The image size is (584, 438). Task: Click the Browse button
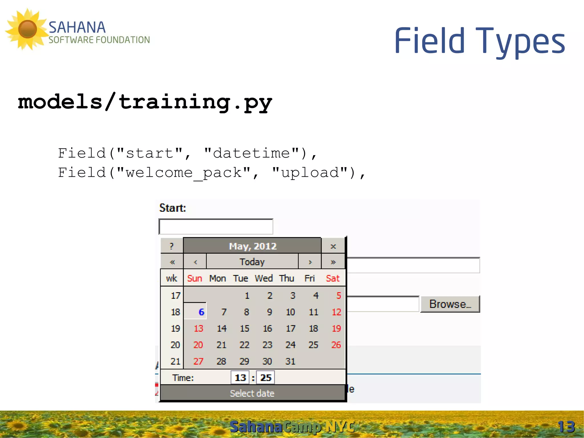[450, 304]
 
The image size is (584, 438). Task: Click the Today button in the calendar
[252, 262]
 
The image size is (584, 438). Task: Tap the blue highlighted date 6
[201, 312]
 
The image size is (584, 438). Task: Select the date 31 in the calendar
[290, 362]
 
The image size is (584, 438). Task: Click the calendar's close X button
[333, 246]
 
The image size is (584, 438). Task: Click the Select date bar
[252, 393]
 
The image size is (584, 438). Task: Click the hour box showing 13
[240, 378]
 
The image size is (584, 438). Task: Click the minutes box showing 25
[265, 378]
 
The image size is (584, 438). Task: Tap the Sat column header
[332, 278]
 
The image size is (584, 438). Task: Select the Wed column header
[263, 278]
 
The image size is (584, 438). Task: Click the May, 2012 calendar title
[252, 246]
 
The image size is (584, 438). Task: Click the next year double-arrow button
[333, 262]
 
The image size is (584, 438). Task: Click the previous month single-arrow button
[195, 262]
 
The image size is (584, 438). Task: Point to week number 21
[175, 362]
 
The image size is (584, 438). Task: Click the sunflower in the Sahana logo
[27, 29]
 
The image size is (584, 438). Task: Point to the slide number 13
[566, 427]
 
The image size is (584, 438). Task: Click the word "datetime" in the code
[252, 153]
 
